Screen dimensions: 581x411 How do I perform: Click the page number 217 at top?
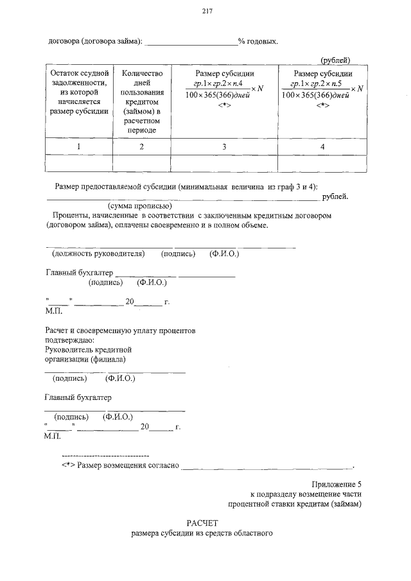pyautogui.click(x=206, y=11)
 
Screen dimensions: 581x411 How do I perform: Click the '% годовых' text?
pyautogui.click(x=258, y=42)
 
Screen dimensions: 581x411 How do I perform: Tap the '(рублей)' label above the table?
pyautogui.click(x=335, y=60)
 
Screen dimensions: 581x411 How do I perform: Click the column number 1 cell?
pyautogui.click(x=79, y=147)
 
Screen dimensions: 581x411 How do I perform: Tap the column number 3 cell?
pyautogui.click(x=224, y=147)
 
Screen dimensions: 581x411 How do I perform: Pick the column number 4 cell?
pyautogui.click(x=322, y=147)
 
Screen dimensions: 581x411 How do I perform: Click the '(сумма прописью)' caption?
pyautogui.click(x=139, y=206)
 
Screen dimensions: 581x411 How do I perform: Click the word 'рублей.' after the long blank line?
pyautogui.click(x=335, y=196)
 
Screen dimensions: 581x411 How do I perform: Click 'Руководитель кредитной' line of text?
pyautogui.click(x=88, y=349)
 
